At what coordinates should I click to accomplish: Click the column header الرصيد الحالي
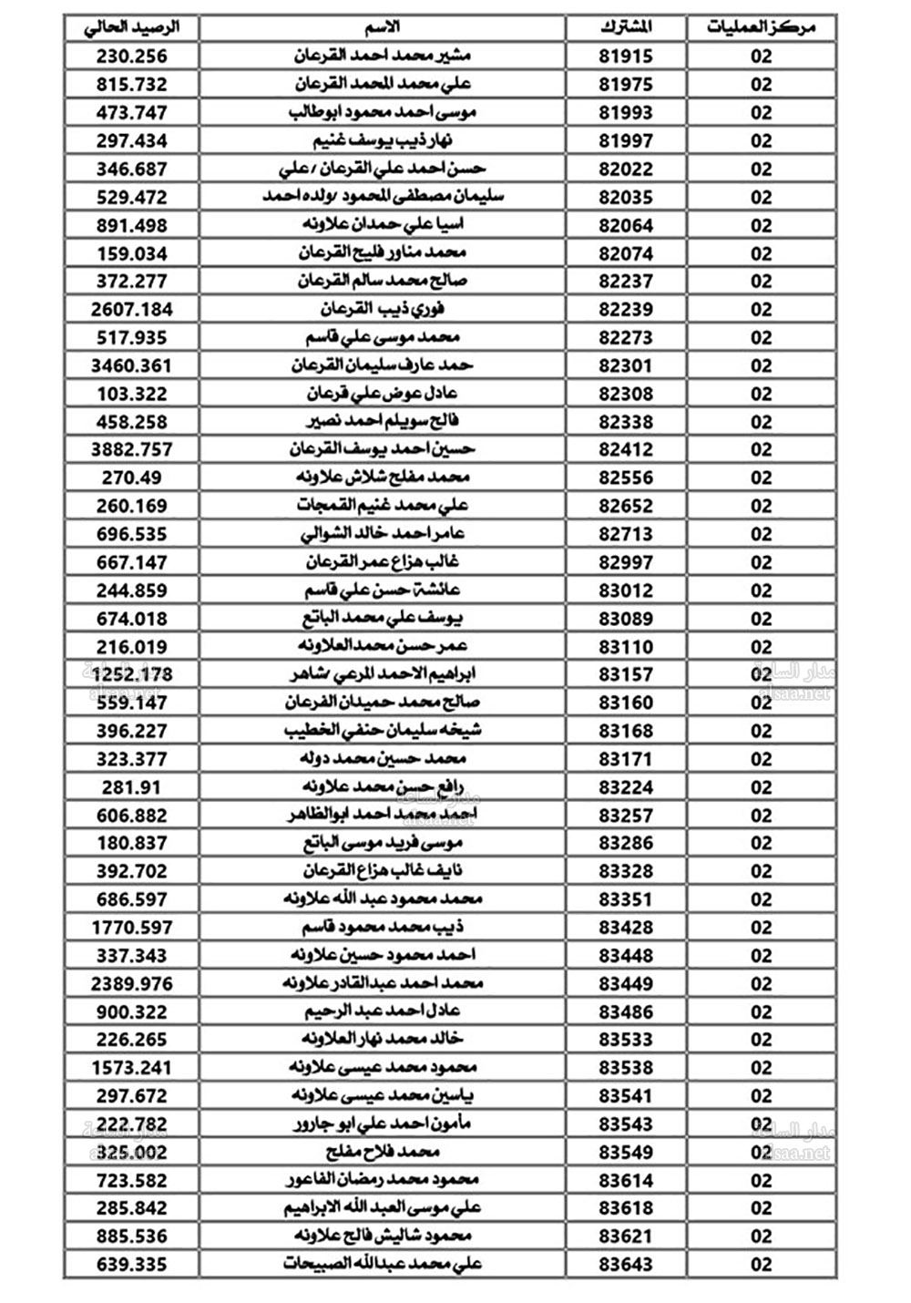click(132, 27)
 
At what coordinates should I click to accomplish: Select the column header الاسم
click(383, 27)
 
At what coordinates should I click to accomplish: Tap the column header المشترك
click(626, 27)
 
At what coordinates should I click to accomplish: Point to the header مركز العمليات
click(761, 27)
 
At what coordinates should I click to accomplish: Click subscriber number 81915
click(626, 56)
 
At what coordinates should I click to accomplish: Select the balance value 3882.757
click(132, 450)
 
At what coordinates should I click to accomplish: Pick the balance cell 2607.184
click(132, 310)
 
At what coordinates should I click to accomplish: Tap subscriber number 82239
click(626, 310)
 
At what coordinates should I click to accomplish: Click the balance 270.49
click(132, 478)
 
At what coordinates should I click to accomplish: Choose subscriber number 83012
click(626, 590)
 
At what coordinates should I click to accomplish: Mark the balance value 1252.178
click(132, 675)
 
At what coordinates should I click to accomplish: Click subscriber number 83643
click(626, 1265)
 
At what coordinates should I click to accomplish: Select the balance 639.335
click(132, 1265)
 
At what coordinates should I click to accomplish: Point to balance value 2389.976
click(132, 984)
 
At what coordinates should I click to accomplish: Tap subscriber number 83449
click(626, 984)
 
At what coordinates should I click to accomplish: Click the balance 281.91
click(132, 787)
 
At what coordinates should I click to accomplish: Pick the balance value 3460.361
click(132, 366)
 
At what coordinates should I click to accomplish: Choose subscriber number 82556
click(626, 478)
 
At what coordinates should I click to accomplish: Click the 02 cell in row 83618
click(762, 1208)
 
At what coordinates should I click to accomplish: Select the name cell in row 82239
click(383, 310)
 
